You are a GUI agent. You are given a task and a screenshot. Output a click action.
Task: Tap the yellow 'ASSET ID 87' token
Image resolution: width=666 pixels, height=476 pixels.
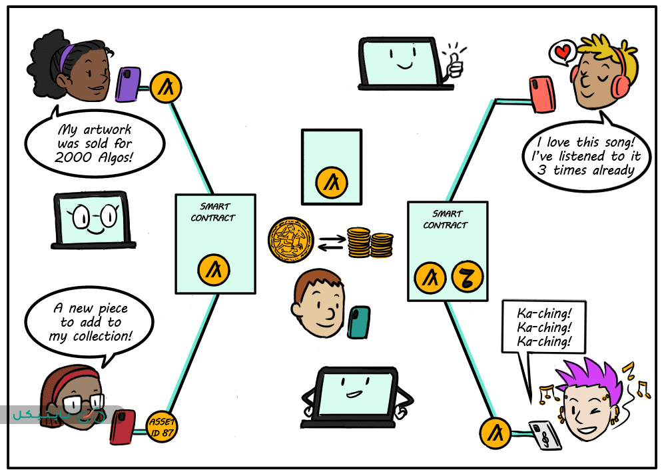161,427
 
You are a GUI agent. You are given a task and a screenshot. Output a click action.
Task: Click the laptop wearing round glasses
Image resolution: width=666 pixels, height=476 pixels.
93,220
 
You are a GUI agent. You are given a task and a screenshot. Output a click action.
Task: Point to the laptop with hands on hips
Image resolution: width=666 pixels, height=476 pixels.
350,397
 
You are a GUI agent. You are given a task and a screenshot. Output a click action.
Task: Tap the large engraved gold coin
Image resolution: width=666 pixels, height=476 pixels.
290,238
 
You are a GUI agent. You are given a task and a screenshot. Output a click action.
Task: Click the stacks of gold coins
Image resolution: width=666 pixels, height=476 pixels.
370,243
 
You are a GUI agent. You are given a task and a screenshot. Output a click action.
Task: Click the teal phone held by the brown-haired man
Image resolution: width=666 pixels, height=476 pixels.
358,323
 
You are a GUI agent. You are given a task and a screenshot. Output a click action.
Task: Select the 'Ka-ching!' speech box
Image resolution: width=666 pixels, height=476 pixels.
544,327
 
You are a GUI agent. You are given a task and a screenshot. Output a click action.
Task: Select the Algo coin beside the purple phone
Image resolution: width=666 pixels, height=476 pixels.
165,87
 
